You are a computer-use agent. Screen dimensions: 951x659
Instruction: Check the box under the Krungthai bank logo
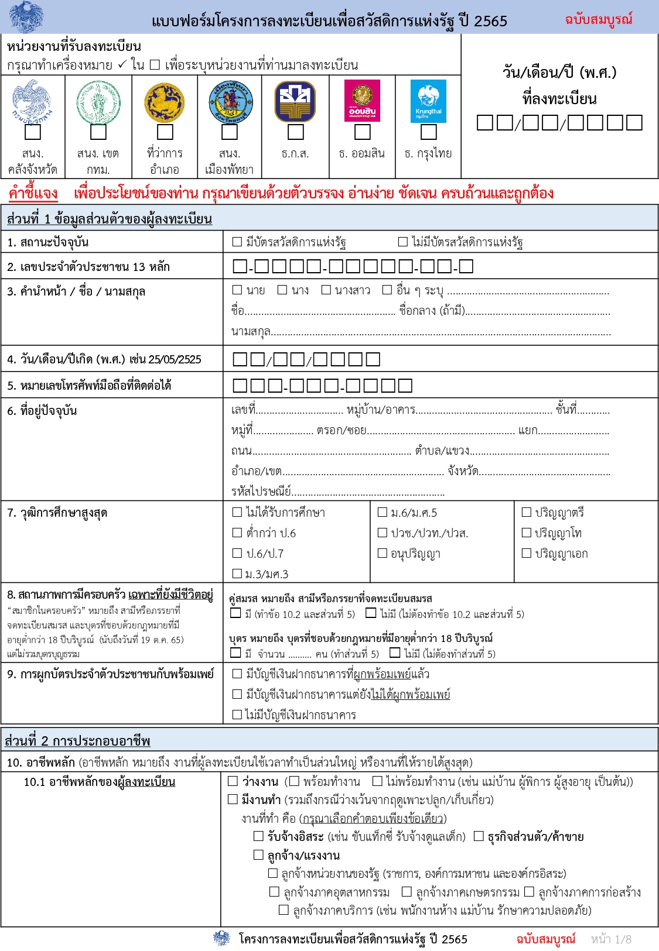[x=429, y=132]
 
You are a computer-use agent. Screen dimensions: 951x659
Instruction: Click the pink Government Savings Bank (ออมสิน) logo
[x=363, y=101]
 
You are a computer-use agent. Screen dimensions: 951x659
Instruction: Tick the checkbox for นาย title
[x=237, y=290]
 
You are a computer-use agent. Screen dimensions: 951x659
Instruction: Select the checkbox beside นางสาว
[x=326, y=290]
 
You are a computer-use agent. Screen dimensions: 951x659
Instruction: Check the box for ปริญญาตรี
[x=527, y=512]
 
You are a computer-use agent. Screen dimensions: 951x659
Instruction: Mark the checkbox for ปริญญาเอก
[x=527, y=553]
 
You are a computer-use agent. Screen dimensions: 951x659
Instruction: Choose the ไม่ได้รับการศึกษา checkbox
[x=237, y=512]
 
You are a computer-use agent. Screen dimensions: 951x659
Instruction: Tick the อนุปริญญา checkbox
[x=383, y=553]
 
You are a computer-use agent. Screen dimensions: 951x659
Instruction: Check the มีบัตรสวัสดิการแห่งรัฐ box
[x=237, y=241]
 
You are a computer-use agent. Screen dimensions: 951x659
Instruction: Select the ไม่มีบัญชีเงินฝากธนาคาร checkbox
[x=237, y=714]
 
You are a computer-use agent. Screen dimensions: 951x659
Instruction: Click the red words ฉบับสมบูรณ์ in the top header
[x=598, y=19]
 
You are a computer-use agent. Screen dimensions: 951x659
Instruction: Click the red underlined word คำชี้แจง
[x=33, y=193]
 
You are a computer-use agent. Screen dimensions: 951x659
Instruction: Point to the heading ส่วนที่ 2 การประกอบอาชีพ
[x=77, y=741]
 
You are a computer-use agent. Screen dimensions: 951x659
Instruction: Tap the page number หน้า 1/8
[x=611, y=939]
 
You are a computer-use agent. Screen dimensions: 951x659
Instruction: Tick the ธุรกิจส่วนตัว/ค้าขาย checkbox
[x=479, y=836]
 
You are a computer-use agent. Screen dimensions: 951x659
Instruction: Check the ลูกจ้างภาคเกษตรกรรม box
[x=407, y=892]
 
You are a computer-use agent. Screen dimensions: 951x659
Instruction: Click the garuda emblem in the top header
[x=26, y=16]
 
